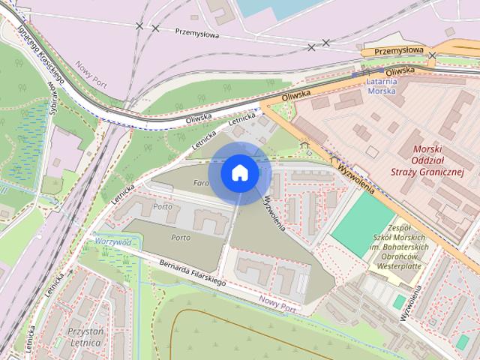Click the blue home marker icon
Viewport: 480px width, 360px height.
239,172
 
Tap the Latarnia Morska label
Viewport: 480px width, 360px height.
388,85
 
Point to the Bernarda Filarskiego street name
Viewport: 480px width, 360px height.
193,272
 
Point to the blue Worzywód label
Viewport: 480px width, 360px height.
113,242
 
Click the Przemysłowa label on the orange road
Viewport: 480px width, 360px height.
399,50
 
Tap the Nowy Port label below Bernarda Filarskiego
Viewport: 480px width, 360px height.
277,304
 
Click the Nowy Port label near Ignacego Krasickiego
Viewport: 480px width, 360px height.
91,74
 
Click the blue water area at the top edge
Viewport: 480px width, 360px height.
270,7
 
